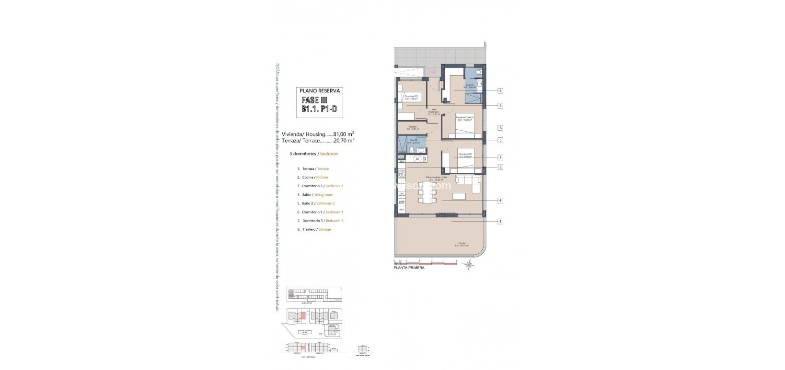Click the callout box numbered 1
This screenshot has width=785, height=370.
pyautogui.click(x=500, y=221)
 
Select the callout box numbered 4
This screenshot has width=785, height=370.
pyautogui.click(x=500, y=201)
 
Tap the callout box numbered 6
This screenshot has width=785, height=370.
pyautogui.click(x=500, y=90)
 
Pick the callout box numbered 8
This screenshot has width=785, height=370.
pyautogui.click(x=500, y=128)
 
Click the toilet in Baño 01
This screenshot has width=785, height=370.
pyautogui.click(x=480, y=72)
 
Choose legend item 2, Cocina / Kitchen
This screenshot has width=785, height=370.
pyautogui.click(x=312, y=177)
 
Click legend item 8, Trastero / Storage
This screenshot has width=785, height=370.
pyautogui.click(x=314, y=229)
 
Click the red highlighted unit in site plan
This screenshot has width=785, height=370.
pyautogui.click(x=302, y=315)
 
